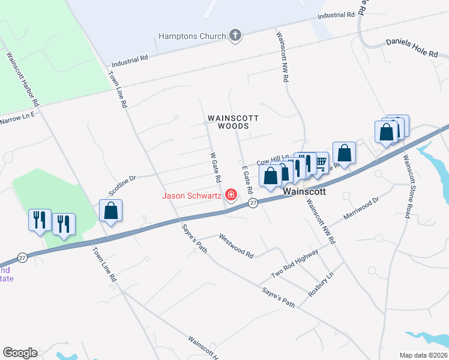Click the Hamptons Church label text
[x=191, y=36]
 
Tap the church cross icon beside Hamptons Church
[x=235, y=35]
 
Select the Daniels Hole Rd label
[x=412, y=48]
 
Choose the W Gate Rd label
[x=215, y=167]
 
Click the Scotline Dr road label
[x=122, y=185]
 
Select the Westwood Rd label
[x=236, y=246]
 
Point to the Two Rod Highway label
[x=294, y=264]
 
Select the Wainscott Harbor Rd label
[x=22, y=79]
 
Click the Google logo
[x=20, y=353]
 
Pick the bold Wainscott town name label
[x=304, y=192]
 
